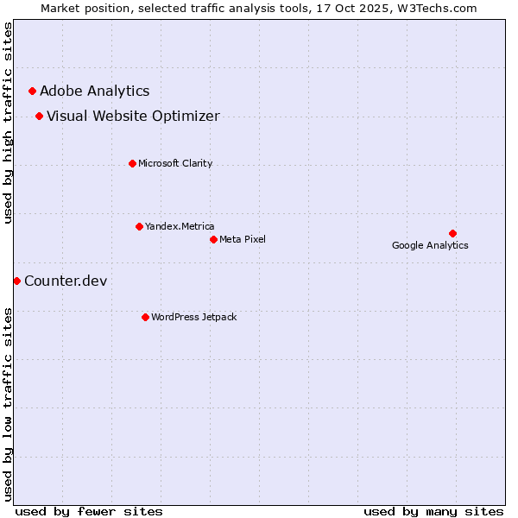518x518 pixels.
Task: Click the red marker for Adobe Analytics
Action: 32,91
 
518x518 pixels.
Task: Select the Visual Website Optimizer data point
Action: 39,116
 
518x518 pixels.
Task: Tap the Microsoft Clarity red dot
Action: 132,163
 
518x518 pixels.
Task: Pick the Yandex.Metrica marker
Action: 139,226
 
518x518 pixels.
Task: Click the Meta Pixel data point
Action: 213,239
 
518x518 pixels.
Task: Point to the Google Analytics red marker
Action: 452,233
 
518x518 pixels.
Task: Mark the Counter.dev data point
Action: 16,281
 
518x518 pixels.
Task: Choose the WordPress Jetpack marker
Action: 145,317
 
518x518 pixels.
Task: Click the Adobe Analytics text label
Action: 94,91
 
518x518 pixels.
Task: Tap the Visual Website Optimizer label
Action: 133,116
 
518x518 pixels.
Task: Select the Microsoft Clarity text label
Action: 175,163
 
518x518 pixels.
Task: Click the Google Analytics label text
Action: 430,245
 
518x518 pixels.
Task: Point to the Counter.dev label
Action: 66,281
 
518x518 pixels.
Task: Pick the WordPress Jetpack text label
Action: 193,317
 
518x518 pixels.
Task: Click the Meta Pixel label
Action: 243,239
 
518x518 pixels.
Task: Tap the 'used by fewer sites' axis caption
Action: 89,511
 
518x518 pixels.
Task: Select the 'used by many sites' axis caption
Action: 433,511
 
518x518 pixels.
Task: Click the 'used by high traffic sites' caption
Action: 8,123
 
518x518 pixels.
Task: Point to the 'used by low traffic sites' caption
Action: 8,403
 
